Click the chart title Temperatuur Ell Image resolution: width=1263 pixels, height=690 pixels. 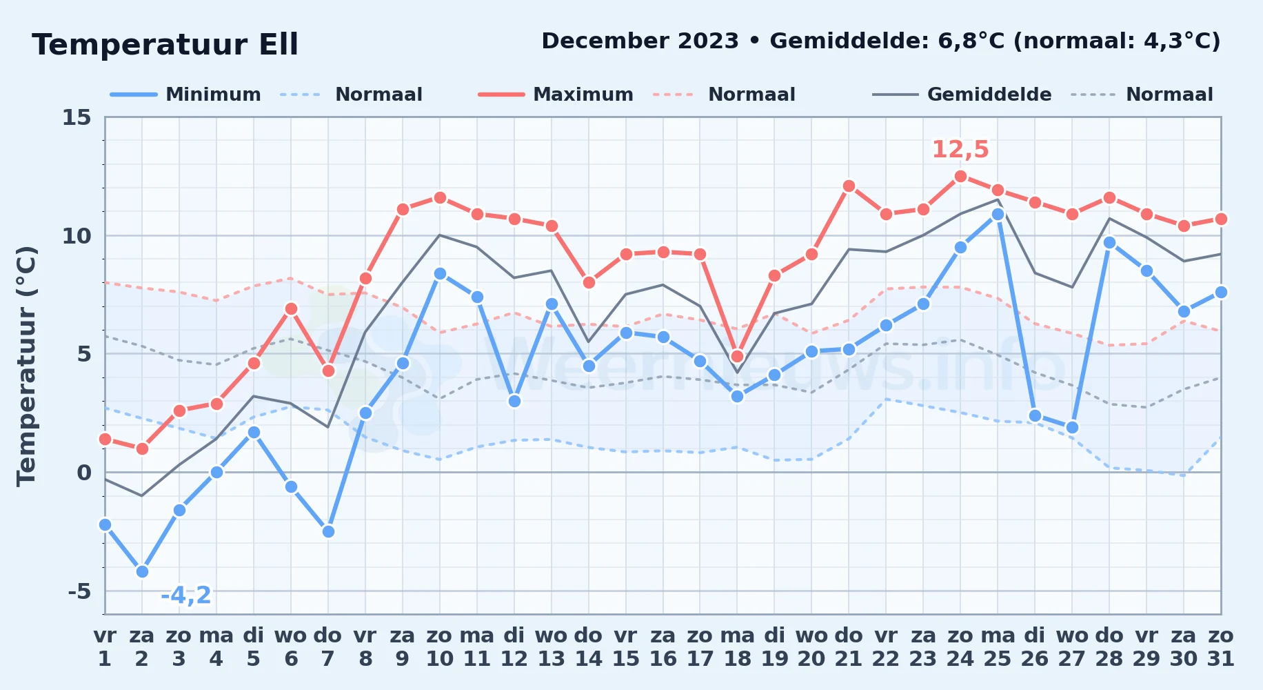pos(165,45)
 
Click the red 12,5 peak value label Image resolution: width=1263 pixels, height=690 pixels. pos(960,149)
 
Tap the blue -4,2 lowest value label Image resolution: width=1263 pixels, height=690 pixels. pos(185,595)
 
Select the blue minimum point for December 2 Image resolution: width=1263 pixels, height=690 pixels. pos(142,571)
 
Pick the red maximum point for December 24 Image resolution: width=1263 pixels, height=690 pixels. pos(960,176)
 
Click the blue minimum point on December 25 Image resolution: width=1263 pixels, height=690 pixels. pos(998,214)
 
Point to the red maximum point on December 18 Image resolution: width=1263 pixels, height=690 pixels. pos(737,356)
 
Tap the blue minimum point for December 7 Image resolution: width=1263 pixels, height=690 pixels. pos(328,531)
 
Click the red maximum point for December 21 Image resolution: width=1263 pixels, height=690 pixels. pos(849,186)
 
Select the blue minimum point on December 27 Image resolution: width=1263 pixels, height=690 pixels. pos(1072,427)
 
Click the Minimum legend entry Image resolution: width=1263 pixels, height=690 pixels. pos(185,95)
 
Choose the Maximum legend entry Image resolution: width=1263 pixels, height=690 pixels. pos(556,95)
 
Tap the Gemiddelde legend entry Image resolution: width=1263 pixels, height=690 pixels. pos(962,95)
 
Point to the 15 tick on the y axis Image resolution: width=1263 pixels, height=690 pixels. pos(77,117)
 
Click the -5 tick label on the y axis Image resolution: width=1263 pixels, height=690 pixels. pos(80,591)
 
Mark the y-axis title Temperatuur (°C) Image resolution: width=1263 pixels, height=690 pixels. pos(26,366)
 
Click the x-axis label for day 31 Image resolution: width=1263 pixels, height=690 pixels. pos(1220,647)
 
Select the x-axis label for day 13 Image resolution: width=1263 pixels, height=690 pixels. pos(552,647)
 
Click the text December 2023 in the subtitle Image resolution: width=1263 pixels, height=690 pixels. pos(640,41)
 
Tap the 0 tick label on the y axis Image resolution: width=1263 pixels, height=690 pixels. pos(84,473)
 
